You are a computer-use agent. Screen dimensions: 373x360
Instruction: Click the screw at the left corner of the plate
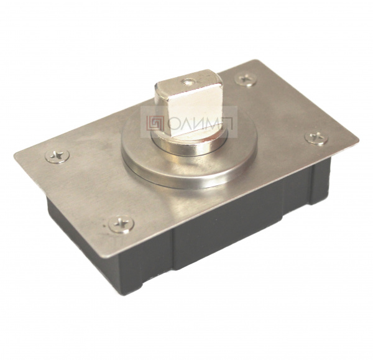coord(57,156)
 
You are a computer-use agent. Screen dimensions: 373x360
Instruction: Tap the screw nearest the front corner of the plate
coord(121,224)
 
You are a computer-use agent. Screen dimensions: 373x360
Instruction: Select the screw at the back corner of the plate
coord(246,79)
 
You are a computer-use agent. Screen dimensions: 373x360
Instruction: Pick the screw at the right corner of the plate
coord(316,138)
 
